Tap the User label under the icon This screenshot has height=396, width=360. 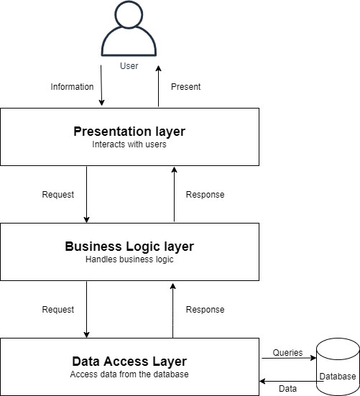pos(129,66)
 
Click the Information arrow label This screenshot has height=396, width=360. pos(72,87)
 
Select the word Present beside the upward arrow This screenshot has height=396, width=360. pos(186,87)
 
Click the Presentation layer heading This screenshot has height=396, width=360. pos(129,132)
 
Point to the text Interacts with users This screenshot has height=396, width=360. pos(129,144)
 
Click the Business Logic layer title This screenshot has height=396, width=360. pos(129,247)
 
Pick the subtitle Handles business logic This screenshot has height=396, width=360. pos(129,259)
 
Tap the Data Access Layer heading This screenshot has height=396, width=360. pos(129,362)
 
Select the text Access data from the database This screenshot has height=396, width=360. pos(129,374)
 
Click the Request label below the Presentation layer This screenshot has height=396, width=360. pos(58,195)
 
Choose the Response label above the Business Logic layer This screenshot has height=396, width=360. pos(206,195)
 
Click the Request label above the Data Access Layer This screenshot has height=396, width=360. pos(58,310)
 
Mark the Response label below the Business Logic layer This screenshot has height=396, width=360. pos(206,310)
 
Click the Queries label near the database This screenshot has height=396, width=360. pos(287,353)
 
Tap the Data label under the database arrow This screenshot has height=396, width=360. pos(288,388)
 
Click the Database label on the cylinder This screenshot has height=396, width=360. pos(338,377)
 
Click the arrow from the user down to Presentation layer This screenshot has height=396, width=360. pos(101,86)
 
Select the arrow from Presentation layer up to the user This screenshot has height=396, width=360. pos(159,86)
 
